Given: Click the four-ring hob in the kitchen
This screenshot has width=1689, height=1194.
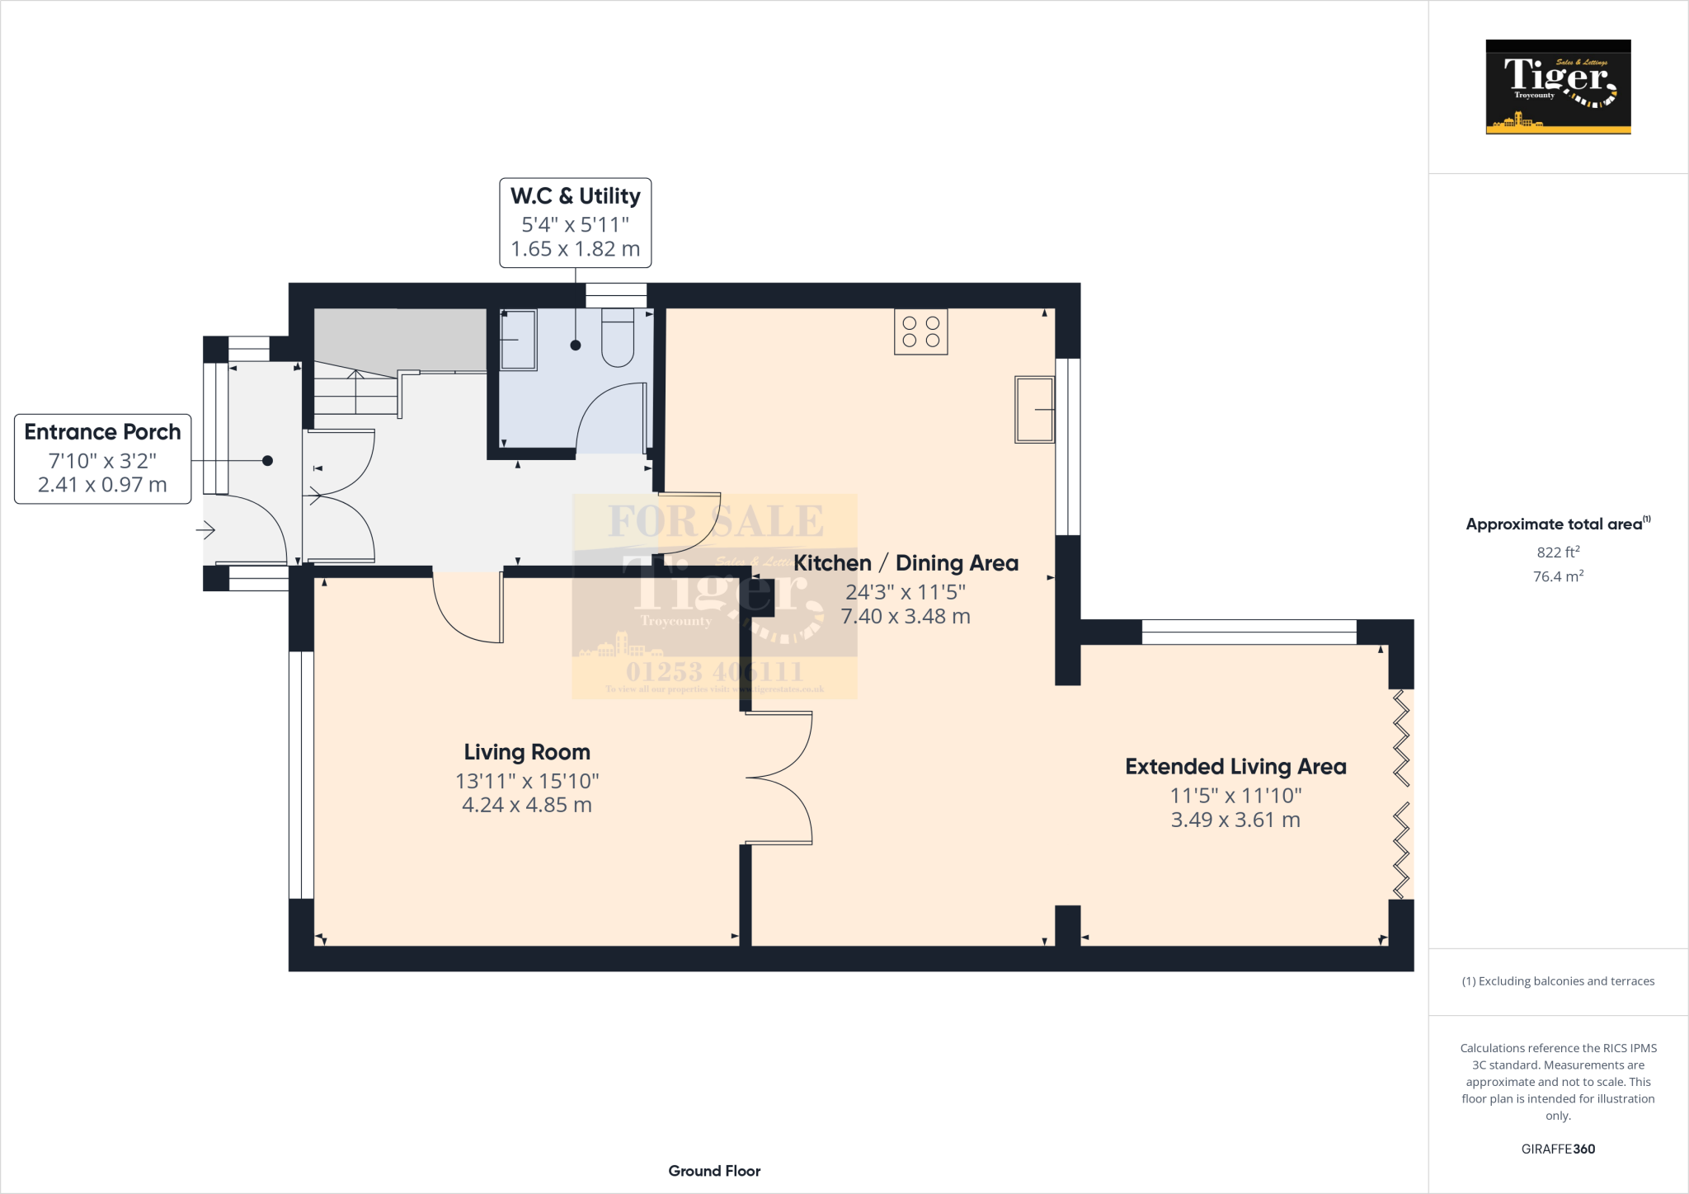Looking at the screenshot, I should pyautogui.click(x=920, y=331).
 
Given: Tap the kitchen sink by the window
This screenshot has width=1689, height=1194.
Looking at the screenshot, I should pyautogui.click(x=1034, y=410).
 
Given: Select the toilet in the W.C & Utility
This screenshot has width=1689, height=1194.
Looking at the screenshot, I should pyautogui.click(x=618, y=338).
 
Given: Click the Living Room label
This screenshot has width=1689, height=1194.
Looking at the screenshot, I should pyautogui.click(x=527, y=752).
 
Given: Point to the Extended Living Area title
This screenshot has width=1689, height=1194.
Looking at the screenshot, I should pyautogui.click(x=1235, y=767).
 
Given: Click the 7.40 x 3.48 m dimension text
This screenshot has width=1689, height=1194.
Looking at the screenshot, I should pyautogui.click(x=905, y=617).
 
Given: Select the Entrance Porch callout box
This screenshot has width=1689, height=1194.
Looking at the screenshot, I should pyautogui.click(x=102, y=458).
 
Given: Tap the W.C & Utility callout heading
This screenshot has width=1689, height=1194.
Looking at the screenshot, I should pyautogui.click(x=575, y=196).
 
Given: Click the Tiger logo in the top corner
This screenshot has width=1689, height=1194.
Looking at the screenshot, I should pyautogui.click(x=1558, y=87).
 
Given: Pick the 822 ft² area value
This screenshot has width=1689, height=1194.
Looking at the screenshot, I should pyautogui.click(x=1558, y=552).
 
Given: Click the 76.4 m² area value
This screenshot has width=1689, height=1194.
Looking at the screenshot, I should pyautogui.click(x=1558, y=576).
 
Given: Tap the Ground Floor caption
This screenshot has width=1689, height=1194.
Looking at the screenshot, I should pyautogui.click(x=714, y=1171).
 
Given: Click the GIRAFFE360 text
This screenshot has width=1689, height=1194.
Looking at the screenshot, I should pyautogui.click(x=1558, y=1149).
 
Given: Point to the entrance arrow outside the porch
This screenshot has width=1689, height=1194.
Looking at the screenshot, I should pyautogui.click(x=205, y=530).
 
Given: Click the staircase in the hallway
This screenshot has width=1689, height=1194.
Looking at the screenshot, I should pyautogui.click(x=355, y=393).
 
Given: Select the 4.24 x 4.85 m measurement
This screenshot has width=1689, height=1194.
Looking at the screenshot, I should pyautogui.click(x=527, y=806).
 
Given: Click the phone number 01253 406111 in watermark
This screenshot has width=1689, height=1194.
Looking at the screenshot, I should pyautogui.click(x=714, y=671).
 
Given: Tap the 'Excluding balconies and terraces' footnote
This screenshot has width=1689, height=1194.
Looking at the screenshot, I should pyautogui.click(x=1558, y=981).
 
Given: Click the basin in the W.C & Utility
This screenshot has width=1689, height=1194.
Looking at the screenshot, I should pyautogui.click(x=518, y=340).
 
